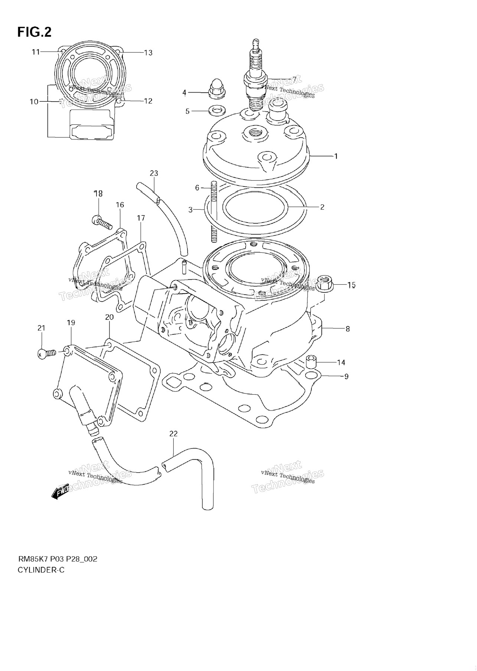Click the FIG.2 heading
pyautogui.click(x=34, y=32)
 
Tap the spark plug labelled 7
pyautogui.click(x=255, y=74)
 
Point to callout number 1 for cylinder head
pyautogui.click(x=336, y=156)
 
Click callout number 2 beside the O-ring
pyautogui.click(x=322, y=207)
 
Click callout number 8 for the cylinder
pyautogui.click(x=347, y=329)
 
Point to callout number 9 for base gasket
pyautogui.click(x=346, y=376)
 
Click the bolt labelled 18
pyautogui.click(x=102, y=222)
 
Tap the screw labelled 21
pyautogui.click(x=46, y=353)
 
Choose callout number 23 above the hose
pyautogui.click(x=154, y=173)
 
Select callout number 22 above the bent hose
pyautogui.click(x=173, y=434)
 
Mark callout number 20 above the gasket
pyautogui.click(x=109, y=317)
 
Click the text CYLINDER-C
pyautogui.click(x=41, y=570)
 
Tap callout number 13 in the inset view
pyautogui.click(x=148, y=53)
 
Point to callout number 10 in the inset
pyautogui.click(x=34, y=101)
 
